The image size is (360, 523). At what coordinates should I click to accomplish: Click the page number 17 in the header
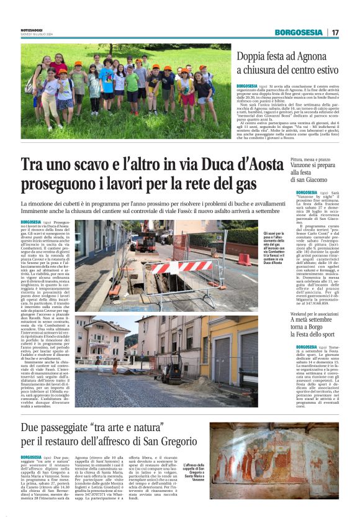(335, 32)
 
